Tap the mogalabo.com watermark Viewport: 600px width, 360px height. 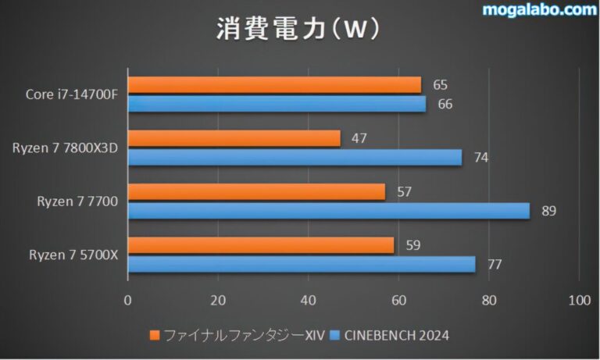pos(538,10)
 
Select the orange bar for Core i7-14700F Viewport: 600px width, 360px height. pos(274,85)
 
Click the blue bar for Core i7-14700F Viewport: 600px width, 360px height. pos(277,104)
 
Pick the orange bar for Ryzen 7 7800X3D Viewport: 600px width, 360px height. pos(234,138)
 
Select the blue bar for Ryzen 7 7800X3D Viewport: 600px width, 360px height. pos(295,157)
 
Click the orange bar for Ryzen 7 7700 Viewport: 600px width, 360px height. pos(256,191)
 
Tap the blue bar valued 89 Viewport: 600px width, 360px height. pos(328,211)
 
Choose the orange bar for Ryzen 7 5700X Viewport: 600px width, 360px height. pos(261,245)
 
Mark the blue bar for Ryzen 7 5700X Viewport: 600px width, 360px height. pos(302,265)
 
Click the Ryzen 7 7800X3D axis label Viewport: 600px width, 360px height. pos(65,148)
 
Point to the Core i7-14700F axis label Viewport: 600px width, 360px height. pos(71,94)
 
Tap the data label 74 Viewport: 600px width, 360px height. pos(480,157)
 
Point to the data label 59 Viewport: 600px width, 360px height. pos(413,245)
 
